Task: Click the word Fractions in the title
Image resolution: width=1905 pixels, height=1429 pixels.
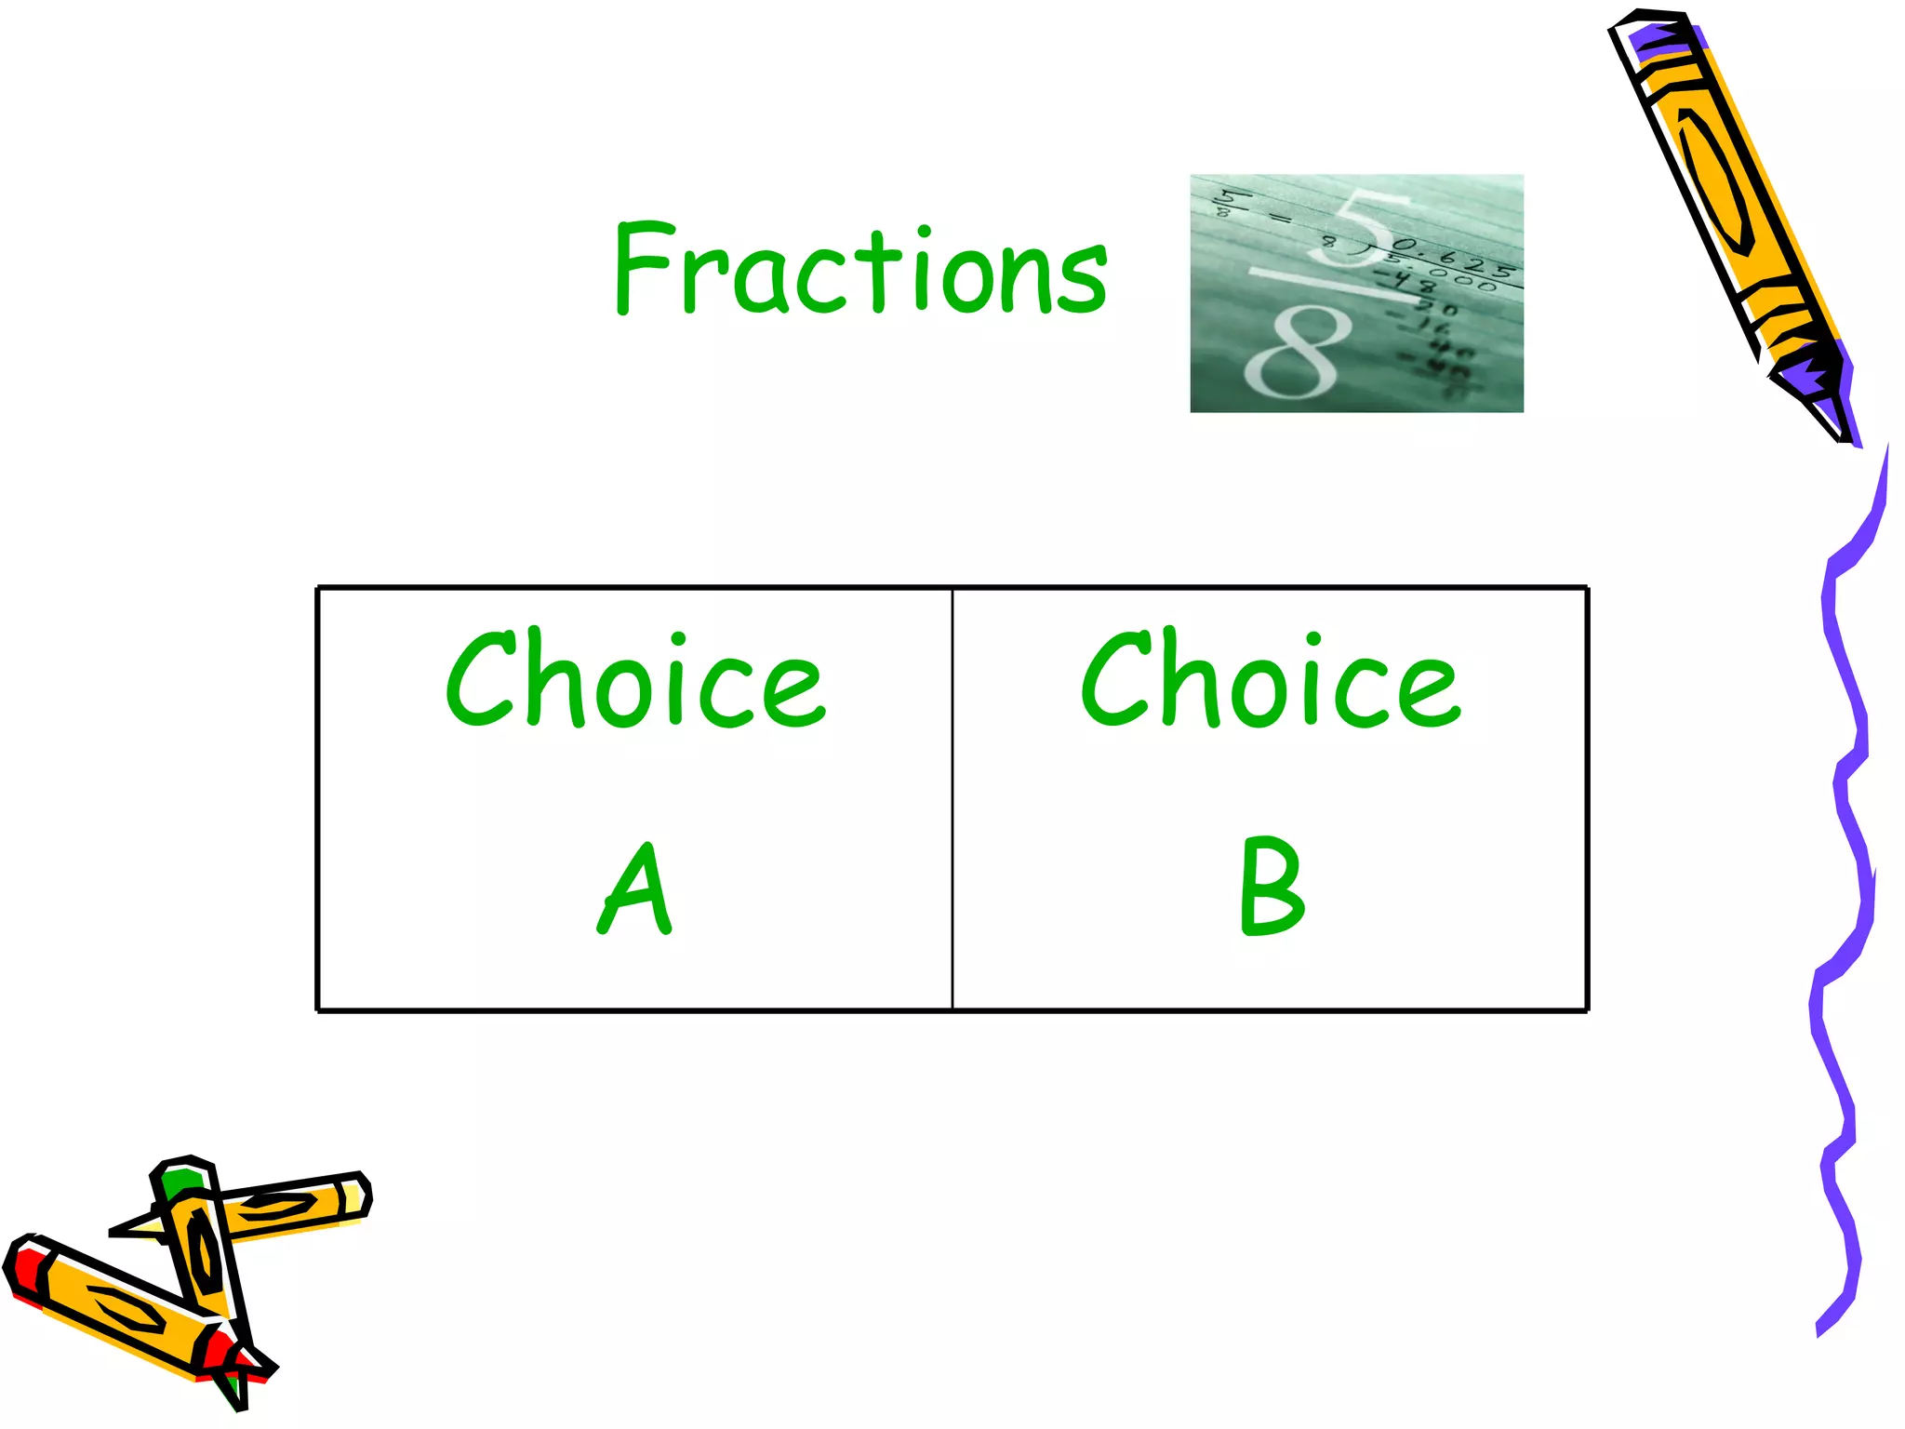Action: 860,270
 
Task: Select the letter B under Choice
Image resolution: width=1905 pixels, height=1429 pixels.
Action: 1271,886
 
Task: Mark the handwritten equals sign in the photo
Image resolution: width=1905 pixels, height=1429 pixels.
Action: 1281,220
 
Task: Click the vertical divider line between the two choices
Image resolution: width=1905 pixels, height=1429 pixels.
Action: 952,800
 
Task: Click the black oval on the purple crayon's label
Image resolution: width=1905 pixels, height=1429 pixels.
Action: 1716,181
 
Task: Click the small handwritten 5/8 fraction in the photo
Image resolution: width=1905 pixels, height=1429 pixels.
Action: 1226,203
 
